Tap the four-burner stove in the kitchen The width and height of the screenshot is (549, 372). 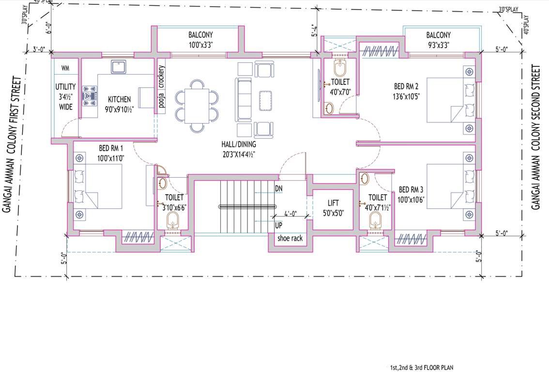pos(90,95)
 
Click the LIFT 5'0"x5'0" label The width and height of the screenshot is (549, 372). pos(333,208)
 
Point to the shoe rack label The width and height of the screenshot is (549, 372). pos(290,238)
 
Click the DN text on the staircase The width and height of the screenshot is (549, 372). pos(279,188)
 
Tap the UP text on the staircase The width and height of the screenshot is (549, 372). pos(279,226)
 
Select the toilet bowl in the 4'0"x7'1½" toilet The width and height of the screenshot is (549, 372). pos(375,221)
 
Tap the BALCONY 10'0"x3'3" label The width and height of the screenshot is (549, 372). pos(200,39)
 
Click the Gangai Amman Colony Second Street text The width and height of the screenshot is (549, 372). pos(535,138)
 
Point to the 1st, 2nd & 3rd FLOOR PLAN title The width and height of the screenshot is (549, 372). pos(422,368)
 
